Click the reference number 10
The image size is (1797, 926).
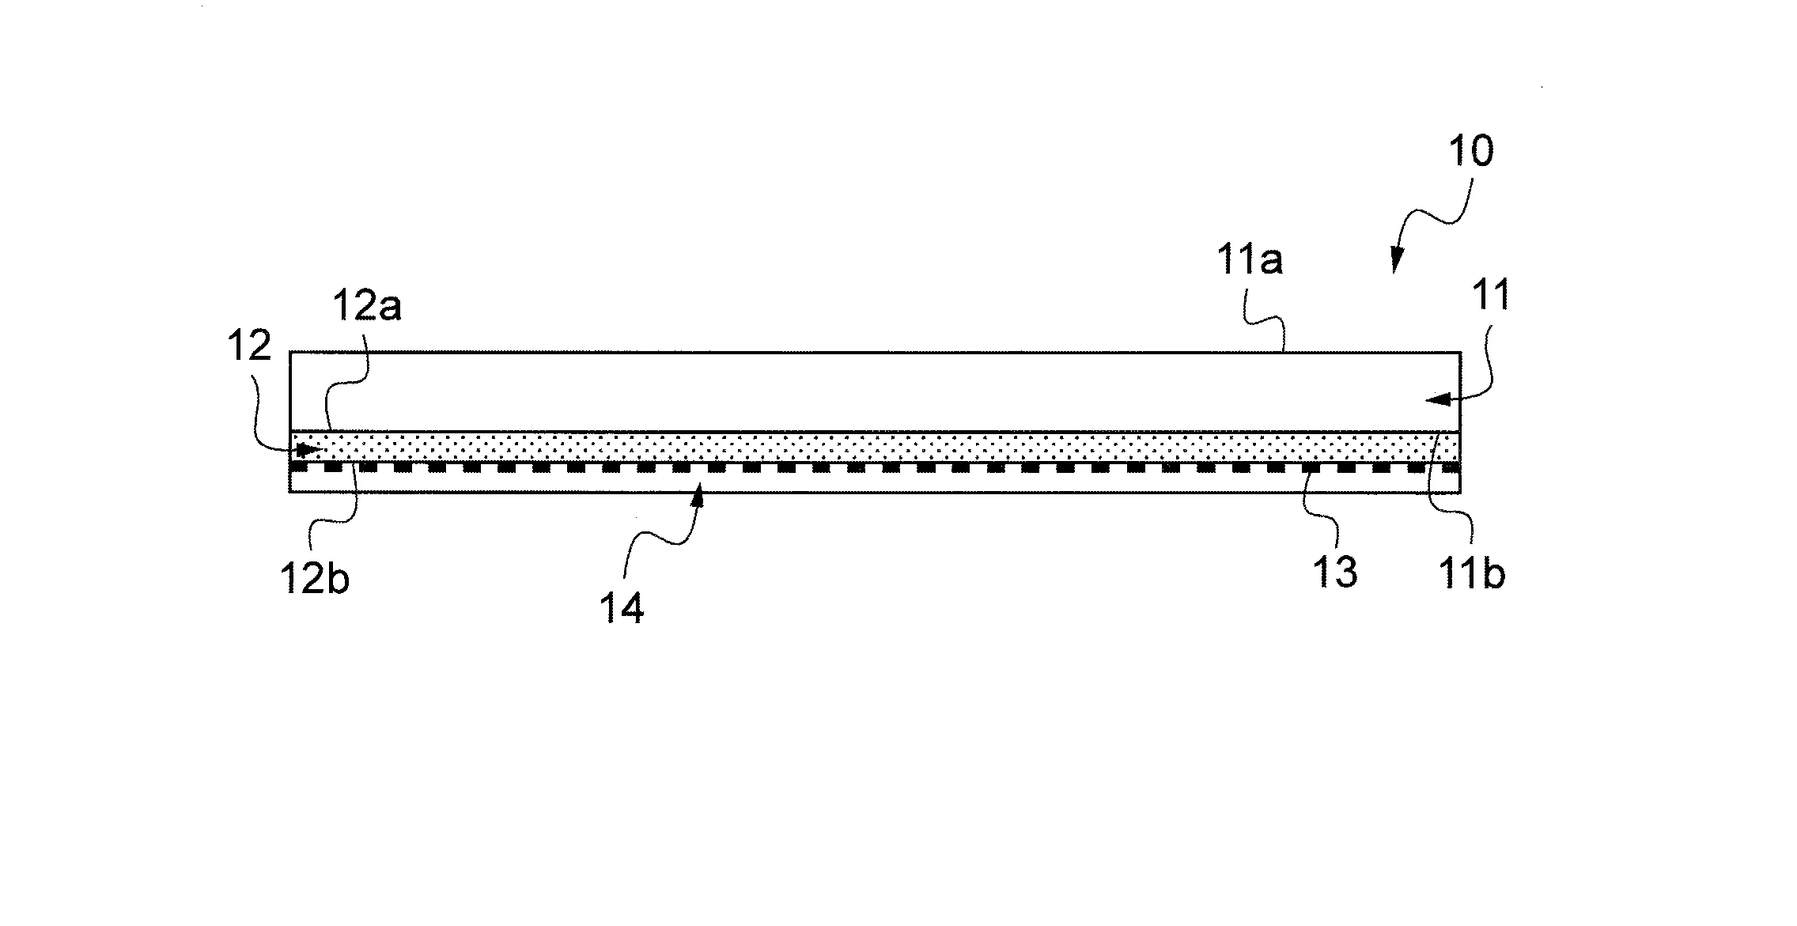[1471, 152]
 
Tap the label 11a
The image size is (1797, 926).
[1250, 260]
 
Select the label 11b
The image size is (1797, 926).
[1472, 574]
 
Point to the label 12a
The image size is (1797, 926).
[367, 307]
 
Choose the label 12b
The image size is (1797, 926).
[315, 579]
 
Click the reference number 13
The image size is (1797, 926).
[1335, 573]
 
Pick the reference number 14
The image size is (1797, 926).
[622, 609]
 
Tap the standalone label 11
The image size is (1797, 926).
[1490, 296]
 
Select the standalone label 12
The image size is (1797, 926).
[250, 346]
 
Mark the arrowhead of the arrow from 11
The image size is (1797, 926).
[1436, 400]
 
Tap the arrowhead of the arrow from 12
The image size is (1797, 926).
[312, 449]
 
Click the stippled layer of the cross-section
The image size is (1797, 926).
[875, 447]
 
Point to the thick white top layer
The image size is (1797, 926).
[875, 391]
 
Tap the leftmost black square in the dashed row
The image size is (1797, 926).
[299, 467]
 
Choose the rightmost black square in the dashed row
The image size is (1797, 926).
[1451, 467]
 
